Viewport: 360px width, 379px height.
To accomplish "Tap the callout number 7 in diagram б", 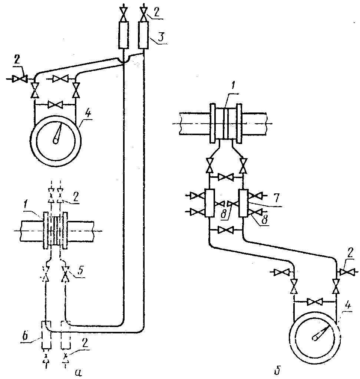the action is pyautogui.click(x=276, y=198).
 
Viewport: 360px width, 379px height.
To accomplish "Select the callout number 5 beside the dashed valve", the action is pyautogui.click(x=81, y=270).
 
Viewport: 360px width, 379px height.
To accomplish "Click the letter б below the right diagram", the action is pyautogui.click(x=278, y=370).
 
